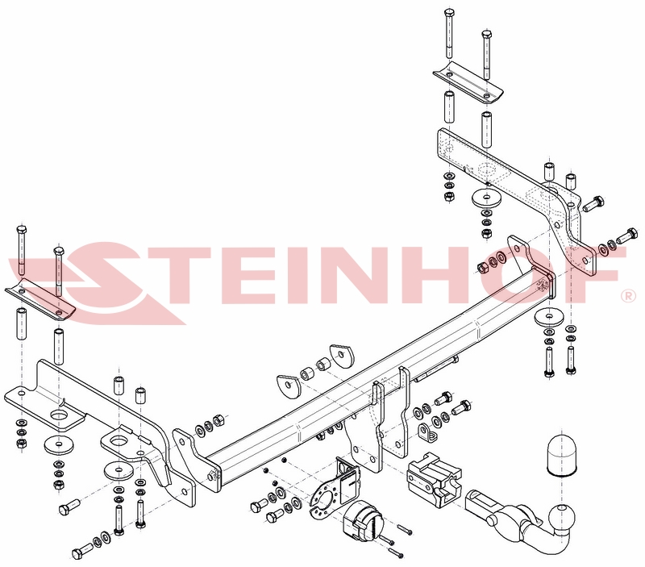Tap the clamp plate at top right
point(468,85)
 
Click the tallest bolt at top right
point(448,34)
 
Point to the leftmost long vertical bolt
point(22,250)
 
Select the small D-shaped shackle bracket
point(427,432)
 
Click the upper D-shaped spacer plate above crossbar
point(342,356)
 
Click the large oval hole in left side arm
point(60,414)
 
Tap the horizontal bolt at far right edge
point(628,236)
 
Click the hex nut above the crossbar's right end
point(481,268)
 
